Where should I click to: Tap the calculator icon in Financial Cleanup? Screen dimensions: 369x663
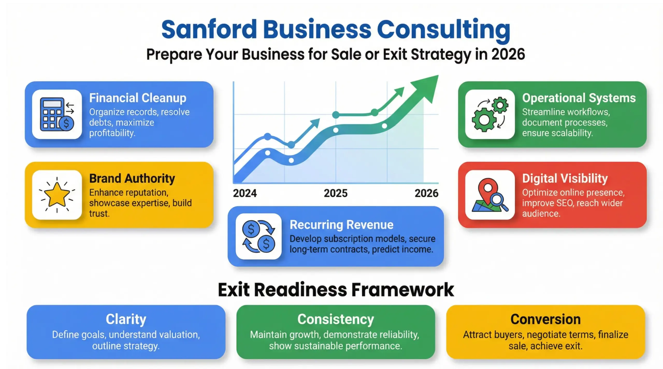click(x=57, y=114)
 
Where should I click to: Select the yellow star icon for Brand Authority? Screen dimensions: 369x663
click(x=57, y=195)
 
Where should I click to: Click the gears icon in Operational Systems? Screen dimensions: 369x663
click(x=490, y=114)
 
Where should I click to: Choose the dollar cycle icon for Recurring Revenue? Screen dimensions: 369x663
click(x=258, y=236)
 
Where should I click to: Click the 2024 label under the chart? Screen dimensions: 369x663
click(x=245, y=193)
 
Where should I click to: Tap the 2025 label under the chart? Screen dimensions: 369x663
click(x=336, y=193)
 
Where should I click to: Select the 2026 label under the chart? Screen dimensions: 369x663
click(x=427, y=193)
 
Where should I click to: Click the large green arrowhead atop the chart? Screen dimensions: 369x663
click(x=427, y=87)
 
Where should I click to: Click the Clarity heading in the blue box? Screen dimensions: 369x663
click(x=126, y=319)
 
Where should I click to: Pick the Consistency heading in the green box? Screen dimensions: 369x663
click(x=336, y=319)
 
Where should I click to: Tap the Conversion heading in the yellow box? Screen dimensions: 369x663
click(x=545, y=319)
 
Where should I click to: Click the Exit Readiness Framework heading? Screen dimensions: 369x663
click(x=336, y=290)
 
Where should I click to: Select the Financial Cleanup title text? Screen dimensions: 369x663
click(x=138, y=98)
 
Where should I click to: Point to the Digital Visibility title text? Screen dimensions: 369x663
click(x=565, y=178)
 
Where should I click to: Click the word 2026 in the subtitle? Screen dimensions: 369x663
click(x=508, y=54)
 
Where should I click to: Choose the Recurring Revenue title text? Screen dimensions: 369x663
click(x=341, y=225)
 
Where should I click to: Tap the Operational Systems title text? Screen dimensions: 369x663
click(x=579, y=98)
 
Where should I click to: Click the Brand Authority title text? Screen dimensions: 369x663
click(x=132, y=178)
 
